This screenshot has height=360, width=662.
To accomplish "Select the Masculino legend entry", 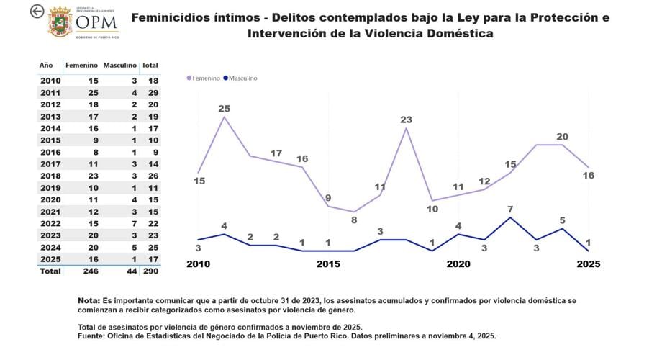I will pyautogui.click(x=240, y=78).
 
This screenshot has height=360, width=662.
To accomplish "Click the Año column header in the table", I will pyautogui.click(x=45, y=66).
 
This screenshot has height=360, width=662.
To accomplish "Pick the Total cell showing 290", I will pyautogui.click(x=150, y=271).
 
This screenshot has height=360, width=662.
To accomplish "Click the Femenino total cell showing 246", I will pyautogui.click(x=89, y=271).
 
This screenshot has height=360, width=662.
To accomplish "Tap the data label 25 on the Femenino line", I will pyautogui.click(x=225, y=109).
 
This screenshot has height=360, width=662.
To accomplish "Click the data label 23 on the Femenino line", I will pyautogui.click(x=406, y=120).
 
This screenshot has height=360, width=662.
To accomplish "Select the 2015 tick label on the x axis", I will pyautogui.click(x=329, y=264).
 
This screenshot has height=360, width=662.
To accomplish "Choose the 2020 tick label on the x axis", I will pyautogui.click(x=458, y=264).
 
